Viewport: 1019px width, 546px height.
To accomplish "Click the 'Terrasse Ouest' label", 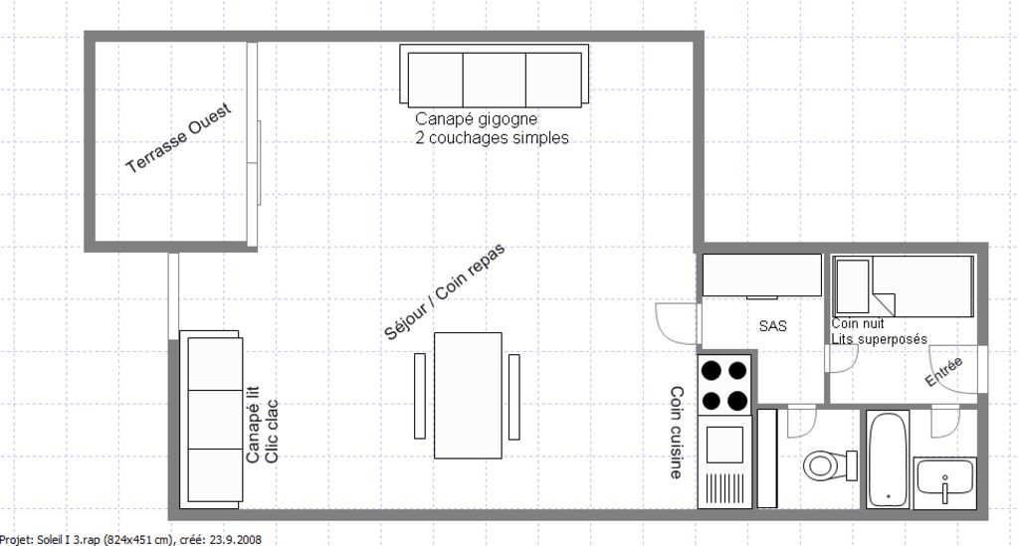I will (179, 138).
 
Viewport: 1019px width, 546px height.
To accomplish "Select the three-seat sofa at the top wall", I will (494, 76).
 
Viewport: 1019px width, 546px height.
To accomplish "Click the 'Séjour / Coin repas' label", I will (445, 292).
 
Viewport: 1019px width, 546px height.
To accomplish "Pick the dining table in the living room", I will (468, 395).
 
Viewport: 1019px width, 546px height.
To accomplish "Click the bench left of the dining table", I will (420, 395).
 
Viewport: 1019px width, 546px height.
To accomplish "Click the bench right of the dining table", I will (514, 395).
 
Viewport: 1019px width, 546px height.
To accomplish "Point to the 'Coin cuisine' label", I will (676, 433).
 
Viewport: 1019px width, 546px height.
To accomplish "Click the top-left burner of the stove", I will (712, 370).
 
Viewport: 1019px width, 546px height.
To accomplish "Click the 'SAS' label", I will (773, 325).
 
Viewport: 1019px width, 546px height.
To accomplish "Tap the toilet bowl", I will (822, 463).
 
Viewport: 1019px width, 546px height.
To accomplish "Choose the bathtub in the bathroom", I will (888, 459).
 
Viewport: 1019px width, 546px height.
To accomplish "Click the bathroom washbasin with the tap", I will (944, 483).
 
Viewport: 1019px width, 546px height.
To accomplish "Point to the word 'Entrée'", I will (944, 372).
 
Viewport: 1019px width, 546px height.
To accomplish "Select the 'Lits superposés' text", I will (880, 339).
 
